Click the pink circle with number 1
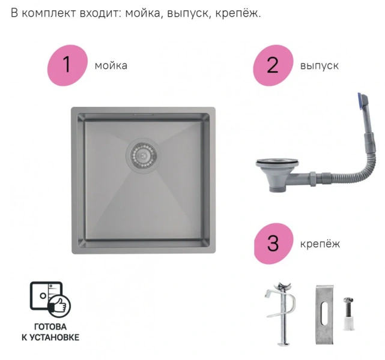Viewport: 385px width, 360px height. coord(67,65)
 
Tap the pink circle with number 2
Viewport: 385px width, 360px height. coord(273,65)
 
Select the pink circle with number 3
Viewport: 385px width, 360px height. coord(273,244)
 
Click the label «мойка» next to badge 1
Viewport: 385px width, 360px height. coord(111,65)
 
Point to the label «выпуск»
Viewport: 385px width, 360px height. coord(319,65)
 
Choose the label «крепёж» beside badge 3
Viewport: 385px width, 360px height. coord(320,244)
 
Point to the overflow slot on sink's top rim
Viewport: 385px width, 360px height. coord(142,113)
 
